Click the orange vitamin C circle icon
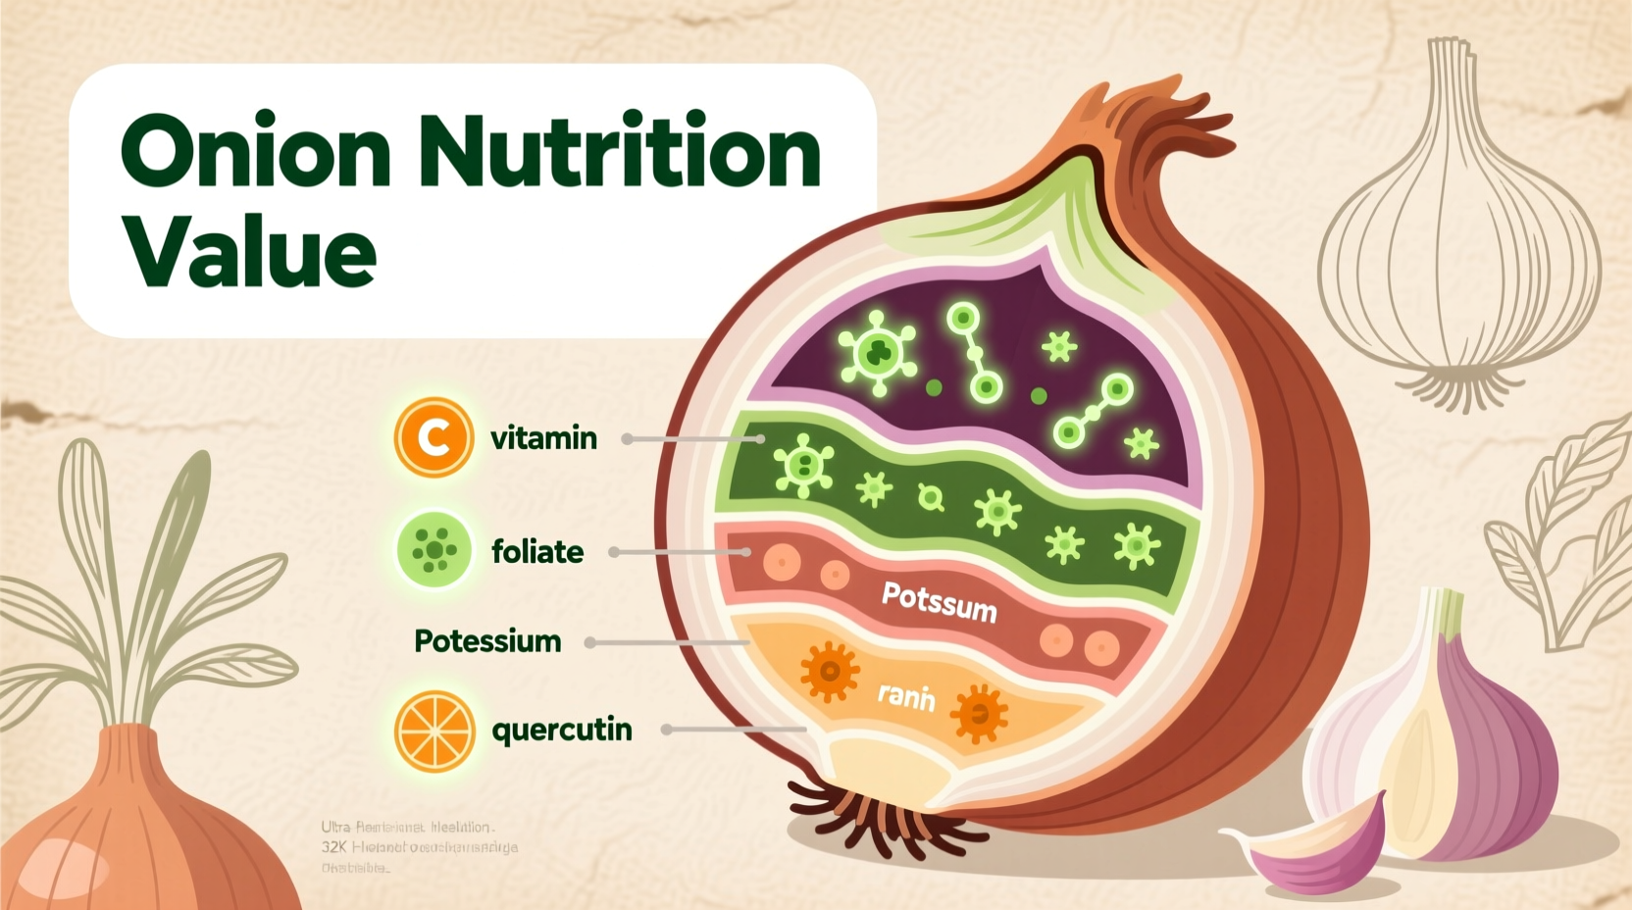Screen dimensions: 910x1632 [433, 437]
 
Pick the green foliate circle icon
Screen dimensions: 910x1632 [433, 551]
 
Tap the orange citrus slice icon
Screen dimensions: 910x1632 [433, 731]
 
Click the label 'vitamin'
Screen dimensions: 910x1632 [543, 437]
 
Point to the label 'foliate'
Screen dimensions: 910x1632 [537, 552]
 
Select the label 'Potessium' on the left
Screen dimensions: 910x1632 [487, 641]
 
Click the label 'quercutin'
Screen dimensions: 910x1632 [561, 731]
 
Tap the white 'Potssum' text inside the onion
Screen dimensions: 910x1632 [939, 601]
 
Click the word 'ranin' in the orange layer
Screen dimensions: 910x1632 [905, 696]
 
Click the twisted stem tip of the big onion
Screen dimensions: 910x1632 [1147, 118]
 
